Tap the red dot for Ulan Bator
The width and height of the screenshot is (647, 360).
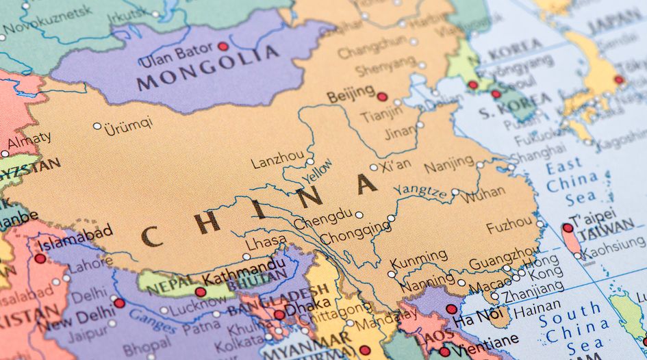click(223, 47)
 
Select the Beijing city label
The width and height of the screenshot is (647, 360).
click(351, 94)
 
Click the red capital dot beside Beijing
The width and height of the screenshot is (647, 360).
click(382, 97)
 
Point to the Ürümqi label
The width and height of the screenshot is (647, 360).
click(128, 126)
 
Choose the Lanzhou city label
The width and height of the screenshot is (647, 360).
click(277, 161)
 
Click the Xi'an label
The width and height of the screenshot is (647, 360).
click(396, 164)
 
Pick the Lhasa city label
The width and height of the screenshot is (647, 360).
click(266, 241)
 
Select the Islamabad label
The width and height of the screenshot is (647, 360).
click(75, 239)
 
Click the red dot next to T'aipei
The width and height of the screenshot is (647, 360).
click(568, 228)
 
